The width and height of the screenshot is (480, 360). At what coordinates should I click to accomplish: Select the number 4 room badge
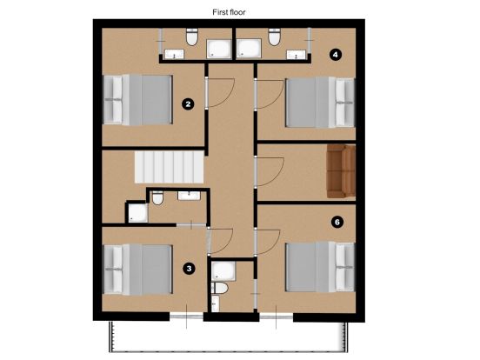pos(336,54)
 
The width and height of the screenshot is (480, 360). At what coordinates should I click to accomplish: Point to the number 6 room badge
pos(337,222)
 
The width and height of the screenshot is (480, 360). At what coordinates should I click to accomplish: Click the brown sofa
pos(341,171)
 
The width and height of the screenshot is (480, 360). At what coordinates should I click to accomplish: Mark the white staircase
pos(165,164)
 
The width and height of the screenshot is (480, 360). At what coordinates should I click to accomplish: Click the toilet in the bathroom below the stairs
pos(157,199)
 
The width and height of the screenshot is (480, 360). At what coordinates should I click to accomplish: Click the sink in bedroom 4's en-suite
pos(298,54)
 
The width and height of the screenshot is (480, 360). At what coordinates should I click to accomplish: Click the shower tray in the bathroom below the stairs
pos(137,213)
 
